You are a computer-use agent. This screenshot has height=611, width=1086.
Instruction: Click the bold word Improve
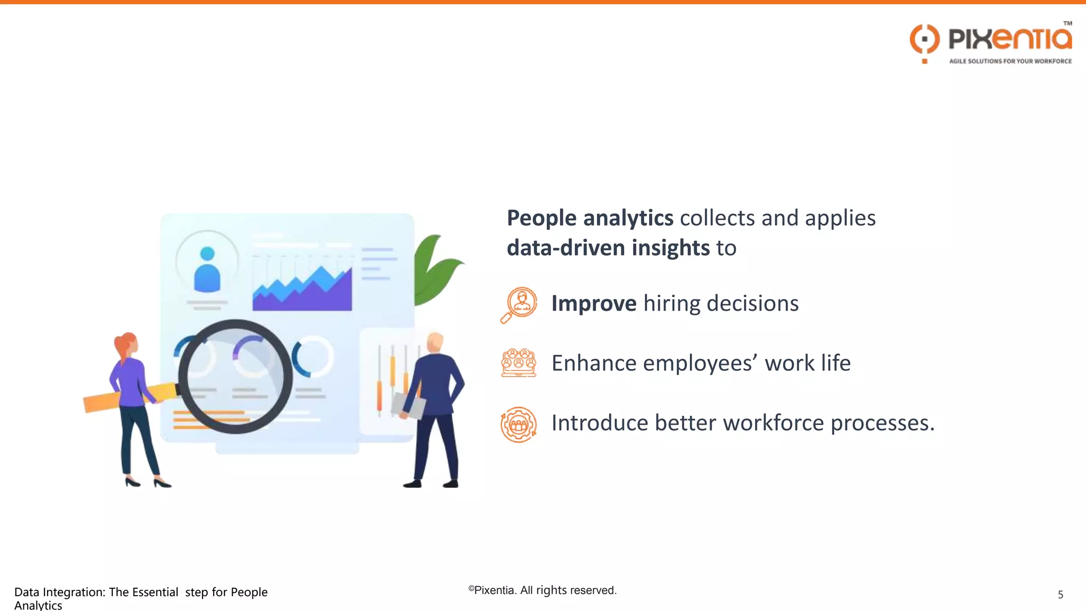tap(593, 304)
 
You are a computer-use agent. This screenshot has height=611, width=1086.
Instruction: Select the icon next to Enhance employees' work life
tap(519, 363)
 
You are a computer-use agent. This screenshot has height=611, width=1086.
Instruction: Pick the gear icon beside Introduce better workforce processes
tap(519, 424)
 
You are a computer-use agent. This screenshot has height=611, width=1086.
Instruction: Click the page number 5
tap(1060, 595)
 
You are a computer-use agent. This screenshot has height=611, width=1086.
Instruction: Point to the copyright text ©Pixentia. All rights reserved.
tap(542, 590)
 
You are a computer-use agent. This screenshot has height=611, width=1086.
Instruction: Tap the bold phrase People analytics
tap(590, 219)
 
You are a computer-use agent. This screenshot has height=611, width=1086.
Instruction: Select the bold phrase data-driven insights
tap(608, 248)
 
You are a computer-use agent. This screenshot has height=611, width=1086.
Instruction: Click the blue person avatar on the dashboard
tap(207, 270)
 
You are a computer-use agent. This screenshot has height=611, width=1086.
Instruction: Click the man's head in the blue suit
tap(435, 342)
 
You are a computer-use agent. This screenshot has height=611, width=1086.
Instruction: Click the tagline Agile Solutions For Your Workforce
tap(1010, 62)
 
